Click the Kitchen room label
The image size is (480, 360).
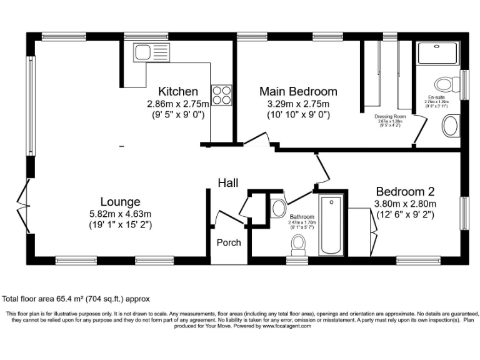coord(177,91)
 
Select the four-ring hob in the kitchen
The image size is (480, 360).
coord(221,95)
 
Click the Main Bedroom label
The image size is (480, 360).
coord(298,91)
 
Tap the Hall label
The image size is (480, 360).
coord(228,182)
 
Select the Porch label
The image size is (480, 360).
coord(228,242)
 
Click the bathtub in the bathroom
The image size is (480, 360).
coord(331,225)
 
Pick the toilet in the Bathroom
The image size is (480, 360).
coord(299,242)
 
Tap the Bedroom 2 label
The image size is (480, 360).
coord(404,192)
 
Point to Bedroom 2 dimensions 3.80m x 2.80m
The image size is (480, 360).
coord(404,204)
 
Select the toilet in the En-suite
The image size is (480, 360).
coord(446,84)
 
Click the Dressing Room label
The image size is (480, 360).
coord(390,117)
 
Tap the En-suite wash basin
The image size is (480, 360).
coord(450,126)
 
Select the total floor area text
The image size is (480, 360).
coord(76,299)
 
